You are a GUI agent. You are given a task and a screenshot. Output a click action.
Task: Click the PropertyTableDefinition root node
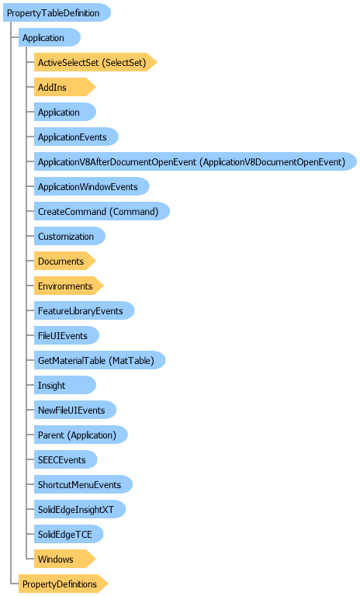click(x=57, y=12)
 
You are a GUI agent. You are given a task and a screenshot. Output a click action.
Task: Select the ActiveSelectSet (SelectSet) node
click(x=95, y=62)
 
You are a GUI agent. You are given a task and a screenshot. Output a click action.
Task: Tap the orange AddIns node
click(x=64, y=87)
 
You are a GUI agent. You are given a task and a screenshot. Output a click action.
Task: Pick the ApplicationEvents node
click(x=76, y=137)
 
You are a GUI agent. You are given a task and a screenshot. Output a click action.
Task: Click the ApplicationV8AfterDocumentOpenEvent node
click(x=196, y=161)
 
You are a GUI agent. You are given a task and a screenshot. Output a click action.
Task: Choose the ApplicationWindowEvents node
click(x=92, y=186)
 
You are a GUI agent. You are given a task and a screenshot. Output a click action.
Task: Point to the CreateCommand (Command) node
click(x=102, y=211)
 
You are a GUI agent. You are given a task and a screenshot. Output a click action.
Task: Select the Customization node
click(x=70, y=236)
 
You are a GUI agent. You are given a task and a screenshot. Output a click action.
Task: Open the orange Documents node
click(x=64, y=261)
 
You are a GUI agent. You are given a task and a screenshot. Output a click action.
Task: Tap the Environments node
click(x=69, y=286)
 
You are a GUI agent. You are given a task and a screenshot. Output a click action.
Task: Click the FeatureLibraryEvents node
click(x=84, y=310)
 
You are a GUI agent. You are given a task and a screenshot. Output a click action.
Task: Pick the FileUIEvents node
click(x=67, y=335)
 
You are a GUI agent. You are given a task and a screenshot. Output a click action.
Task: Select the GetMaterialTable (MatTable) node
click(x=99, y=360)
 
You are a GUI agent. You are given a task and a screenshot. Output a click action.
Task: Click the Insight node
click(x=65, y=385)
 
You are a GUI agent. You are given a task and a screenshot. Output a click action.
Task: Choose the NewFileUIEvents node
click(x=75, y=410)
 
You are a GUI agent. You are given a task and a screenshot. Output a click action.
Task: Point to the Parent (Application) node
click(x=81, y=435)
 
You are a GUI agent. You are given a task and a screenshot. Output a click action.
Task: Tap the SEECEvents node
click(x=65, y=459)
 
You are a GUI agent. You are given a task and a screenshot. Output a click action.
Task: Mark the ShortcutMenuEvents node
click(x=83, y=484)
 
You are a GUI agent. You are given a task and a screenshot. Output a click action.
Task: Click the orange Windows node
click(x=64, y=559)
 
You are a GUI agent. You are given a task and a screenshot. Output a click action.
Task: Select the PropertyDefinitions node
click(x=64, y=584)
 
